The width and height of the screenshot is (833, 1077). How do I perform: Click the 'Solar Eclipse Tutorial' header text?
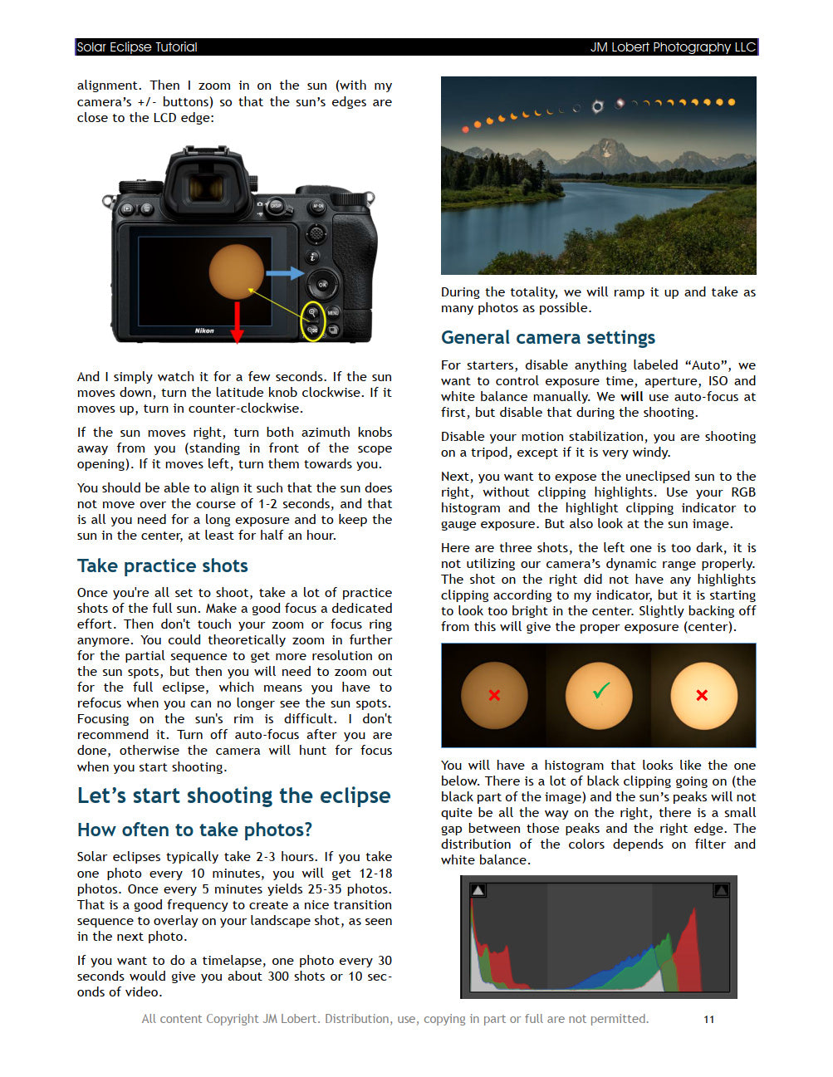137,47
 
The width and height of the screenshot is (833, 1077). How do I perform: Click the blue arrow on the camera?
284,273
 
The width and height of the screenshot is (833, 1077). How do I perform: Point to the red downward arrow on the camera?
237,323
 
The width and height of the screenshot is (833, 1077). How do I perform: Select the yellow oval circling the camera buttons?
312,321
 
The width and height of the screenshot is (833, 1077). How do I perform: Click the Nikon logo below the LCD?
204,330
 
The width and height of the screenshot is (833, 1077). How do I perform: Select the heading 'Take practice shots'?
163,566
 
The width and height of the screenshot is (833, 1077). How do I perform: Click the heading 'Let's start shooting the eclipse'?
233,796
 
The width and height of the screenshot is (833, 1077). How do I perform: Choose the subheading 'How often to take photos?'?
194,830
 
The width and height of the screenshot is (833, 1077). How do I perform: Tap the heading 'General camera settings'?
548,337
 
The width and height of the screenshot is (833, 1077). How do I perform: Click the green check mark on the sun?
600,690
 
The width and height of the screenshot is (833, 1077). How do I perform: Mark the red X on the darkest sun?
494,695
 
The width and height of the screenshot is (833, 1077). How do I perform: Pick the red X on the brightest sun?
702,695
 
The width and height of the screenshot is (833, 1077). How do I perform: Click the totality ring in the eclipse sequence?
597,106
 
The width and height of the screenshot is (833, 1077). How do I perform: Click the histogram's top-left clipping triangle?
478,890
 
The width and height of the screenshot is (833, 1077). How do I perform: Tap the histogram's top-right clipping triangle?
721,890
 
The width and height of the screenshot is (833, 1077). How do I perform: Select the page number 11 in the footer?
708,1019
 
